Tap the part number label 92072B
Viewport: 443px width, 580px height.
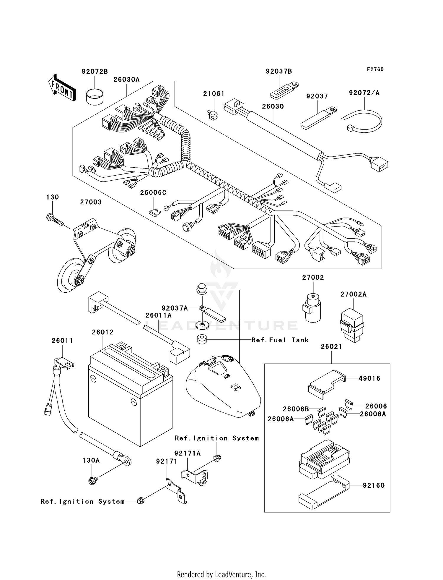click(95, 72)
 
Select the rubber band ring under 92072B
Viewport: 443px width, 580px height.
click(95, 96)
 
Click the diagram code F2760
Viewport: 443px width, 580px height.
click(375, 69)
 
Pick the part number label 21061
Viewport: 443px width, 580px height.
click(214, 94)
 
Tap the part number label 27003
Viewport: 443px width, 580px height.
click(91, 202)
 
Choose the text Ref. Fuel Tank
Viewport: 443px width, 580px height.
click(280, 340)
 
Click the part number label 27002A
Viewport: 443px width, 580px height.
click(353, 294)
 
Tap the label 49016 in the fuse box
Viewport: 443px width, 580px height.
click(369, 378)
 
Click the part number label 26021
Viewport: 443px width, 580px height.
click(331, 346)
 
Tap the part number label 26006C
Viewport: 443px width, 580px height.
click(153, 193)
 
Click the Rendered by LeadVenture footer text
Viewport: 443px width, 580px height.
click(221, 574)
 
